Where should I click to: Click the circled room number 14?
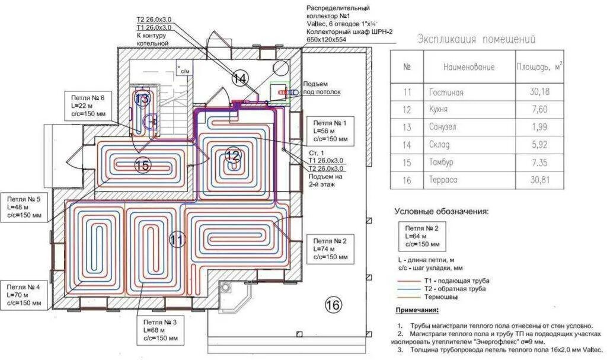click(x=239, y=78)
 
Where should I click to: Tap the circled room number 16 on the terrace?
click(x=334, y=305)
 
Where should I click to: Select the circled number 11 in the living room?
click(x=177, y=240)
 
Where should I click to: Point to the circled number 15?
click(x=142, y=165)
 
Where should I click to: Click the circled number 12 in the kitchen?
click(x=233, y=157)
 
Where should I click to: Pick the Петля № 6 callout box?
click(x=88, y=106)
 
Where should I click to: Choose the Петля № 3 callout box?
click(x=159, y=330)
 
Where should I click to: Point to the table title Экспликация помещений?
click(x=476, y=40)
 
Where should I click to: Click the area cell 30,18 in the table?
click(x=539, y=93)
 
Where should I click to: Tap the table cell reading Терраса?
click(x=442, y=180)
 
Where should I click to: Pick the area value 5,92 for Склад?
click(x=539, y=145)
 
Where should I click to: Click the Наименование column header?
click(x=468, y=68)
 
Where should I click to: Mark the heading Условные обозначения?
click(x=441, y=211)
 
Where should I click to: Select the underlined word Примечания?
click(x=417, y=311)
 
